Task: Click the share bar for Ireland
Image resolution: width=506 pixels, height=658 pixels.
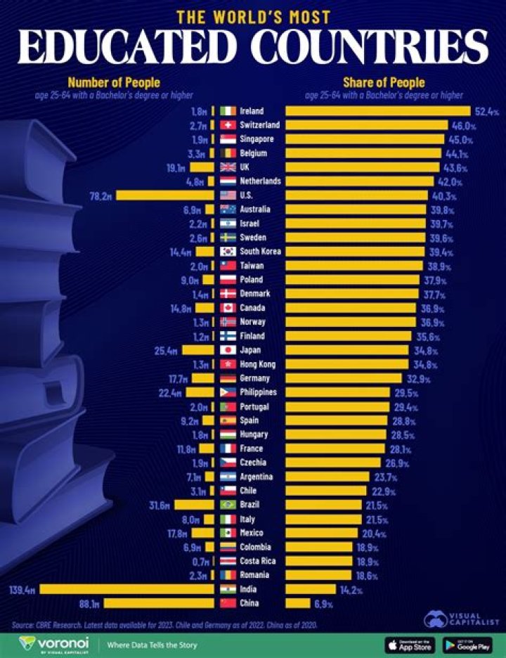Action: click(377, 111)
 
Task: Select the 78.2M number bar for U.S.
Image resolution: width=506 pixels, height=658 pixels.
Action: click(164, 195)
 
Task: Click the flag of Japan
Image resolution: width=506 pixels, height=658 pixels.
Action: click(228, 350)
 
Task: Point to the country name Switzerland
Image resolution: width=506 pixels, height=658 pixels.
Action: click(260, 125)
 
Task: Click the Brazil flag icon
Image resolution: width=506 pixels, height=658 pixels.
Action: click(228, 505)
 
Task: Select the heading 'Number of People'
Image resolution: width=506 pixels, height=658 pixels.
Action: click(113, 83)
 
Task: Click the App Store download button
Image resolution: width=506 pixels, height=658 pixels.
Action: click(409, 645)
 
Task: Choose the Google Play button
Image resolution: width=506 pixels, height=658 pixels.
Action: click(467, 645)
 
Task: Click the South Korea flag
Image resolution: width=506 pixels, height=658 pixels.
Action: click(228, 252)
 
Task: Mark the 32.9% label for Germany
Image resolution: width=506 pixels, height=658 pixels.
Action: click(417, 378)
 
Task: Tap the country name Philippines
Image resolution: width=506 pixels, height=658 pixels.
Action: click(259, 392)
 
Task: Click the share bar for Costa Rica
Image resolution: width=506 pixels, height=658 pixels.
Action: click(318, 561)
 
